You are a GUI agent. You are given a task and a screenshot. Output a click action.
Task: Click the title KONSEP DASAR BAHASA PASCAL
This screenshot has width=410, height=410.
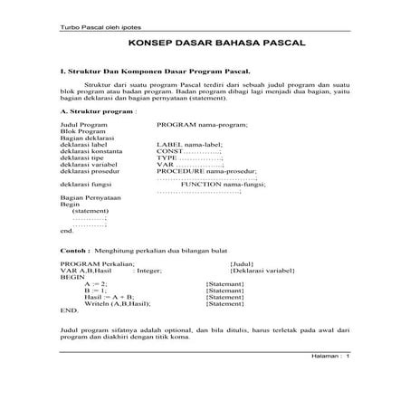pos(204,43)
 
